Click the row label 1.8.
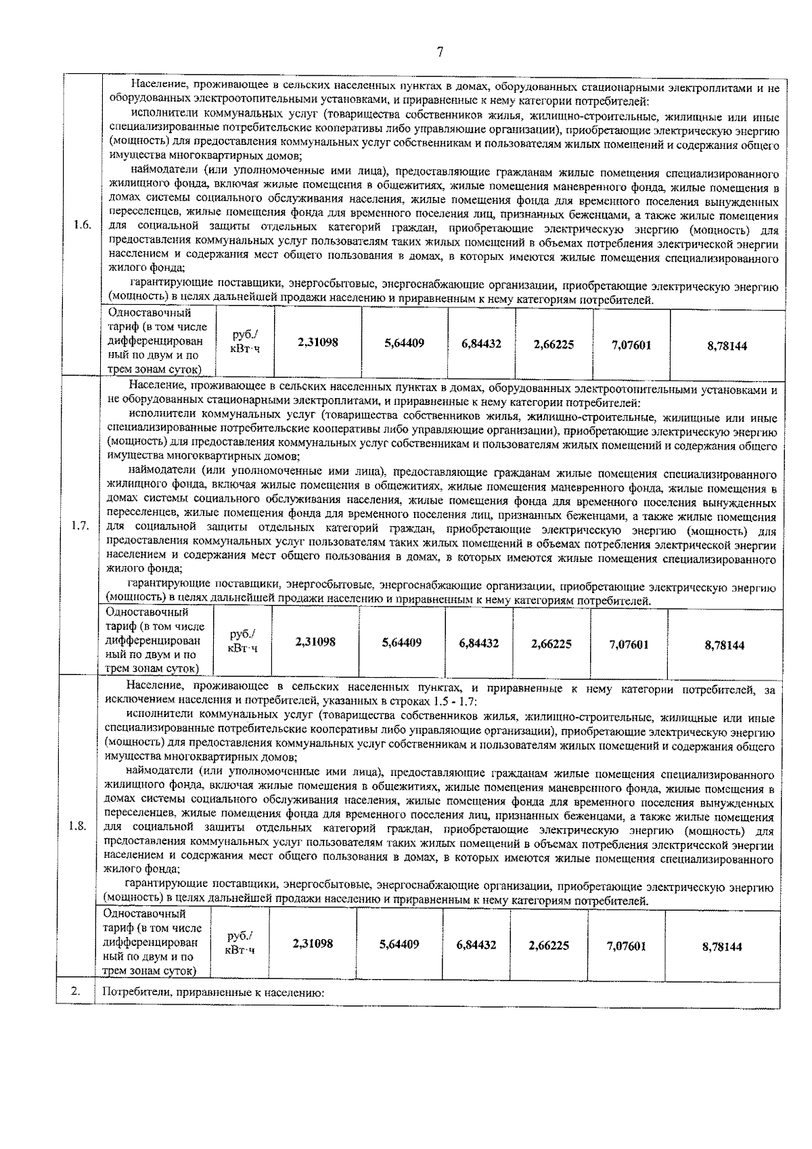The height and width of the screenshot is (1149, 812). click(78, 827)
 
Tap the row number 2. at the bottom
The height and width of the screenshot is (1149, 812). click(76, 992)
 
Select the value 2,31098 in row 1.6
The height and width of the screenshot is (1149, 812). click(317, 343)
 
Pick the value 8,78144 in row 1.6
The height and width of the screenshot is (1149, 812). click(727, 345)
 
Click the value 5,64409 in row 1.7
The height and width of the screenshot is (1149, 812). click(401, 642)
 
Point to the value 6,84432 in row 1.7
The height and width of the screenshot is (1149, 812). click(478, 643)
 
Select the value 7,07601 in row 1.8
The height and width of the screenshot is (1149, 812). click(626, 946)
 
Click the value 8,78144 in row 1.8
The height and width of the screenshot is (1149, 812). click(721, 947)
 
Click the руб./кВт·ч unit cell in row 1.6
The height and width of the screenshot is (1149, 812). click(245, 342)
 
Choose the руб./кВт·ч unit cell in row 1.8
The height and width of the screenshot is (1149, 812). click(240, 942)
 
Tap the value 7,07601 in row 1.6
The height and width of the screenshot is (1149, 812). click(631, 345)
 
